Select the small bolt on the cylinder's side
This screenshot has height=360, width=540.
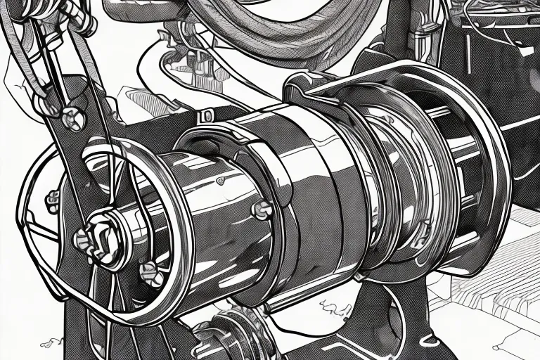(262, 208)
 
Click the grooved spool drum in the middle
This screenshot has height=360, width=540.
(394, 176)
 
